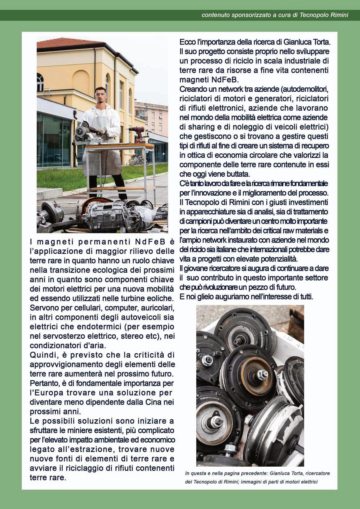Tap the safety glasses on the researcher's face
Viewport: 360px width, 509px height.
[101, 95]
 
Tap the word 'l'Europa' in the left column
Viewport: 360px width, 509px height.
[47, 393]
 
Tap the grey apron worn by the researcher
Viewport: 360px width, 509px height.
[103, 151]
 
